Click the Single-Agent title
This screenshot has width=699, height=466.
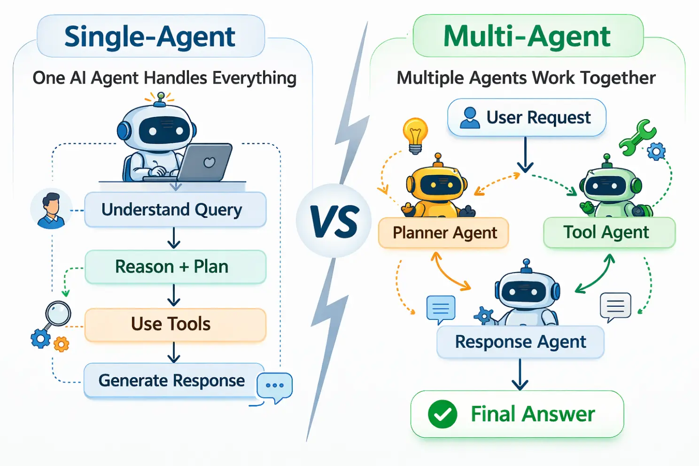point(150,37)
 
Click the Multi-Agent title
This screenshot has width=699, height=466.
point(527,36)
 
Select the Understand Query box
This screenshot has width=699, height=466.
point(175,210)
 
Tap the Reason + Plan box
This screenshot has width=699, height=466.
point(175,267)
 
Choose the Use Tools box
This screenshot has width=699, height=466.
point(175,324)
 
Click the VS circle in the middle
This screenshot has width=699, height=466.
point(334,221)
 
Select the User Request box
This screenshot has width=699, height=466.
point(527,117)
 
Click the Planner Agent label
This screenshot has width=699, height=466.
point(444,233)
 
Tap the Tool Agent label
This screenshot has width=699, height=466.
point(609,232)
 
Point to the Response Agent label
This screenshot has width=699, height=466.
point(520,342)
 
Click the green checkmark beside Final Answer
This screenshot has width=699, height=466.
point(443,414)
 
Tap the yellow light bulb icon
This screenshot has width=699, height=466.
point(415,135)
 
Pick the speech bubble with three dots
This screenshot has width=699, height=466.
point(275,386)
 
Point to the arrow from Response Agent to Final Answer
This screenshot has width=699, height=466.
point(520,374)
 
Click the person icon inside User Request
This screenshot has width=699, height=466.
point(470,117)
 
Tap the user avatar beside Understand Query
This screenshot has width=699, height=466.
point(50,210)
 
